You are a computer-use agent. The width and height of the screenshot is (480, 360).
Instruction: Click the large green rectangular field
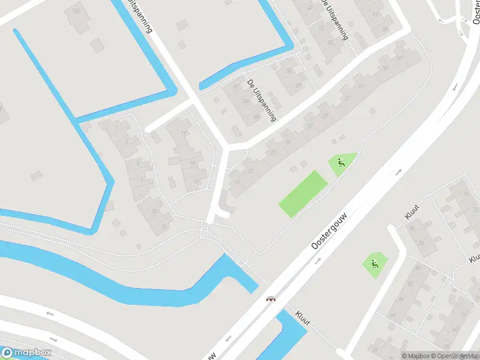tap(303, 194)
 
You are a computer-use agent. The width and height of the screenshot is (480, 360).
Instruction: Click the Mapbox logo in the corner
tap(26, 352)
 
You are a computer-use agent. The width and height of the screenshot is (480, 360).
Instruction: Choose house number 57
tap(299, 86)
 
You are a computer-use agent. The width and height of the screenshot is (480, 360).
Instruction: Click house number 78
tap(420, 244)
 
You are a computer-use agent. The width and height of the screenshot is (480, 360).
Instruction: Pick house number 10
tap(155, 211)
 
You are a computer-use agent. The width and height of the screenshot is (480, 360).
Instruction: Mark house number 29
tap(326, 115)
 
